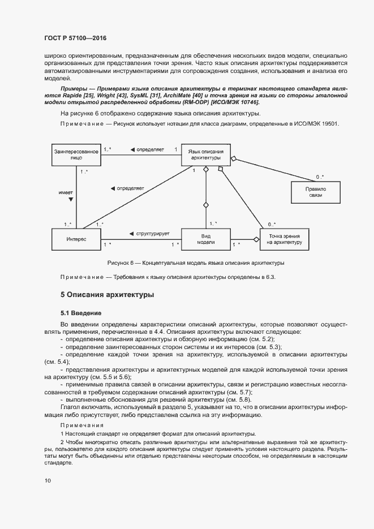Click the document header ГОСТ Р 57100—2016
coord(75,38)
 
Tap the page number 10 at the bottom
coord(48,480)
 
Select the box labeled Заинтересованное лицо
coord(76,156)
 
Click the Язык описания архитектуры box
coord(206,155)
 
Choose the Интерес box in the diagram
coord(76,239)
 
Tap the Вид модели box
coord(206,239)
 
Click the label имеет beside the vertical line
coord(66,192)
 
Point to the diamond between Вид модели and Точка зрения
coord(256,240)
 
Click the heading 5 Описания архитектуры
coord(107,295)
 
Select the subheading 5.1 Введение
coord(81,312)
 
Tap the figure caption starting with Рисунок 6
coord(196,263)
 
